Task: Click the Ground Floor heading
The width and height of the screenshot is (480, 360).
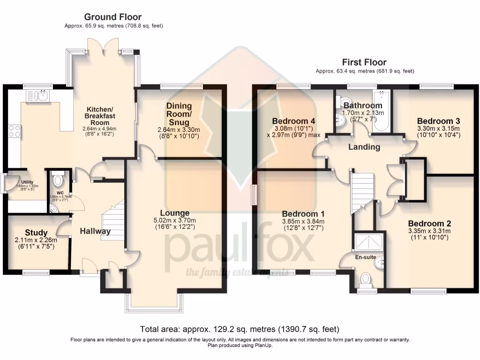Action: tap(112, 17)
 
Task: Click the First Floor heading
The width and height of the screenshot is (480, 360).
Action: tap(364, 62)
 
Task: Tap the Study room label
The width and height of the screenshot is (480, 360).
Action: tap(36, 232)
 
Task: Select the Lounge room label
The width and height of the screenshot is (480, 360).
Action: tap(174, 213)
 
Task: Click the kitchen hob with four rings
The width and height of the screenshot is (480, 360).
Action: tap(14, 130)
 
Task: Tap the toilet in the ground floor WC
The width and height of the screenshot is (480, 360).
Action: tap(59, 180)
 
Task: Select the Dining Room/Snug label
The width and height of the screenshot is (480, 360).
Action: tap(179, 114)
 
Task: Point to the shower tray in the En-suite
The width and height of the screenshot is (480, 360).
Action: tap(368, 242)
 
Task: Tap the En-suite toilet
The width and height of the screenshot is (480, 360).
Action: tap(366, 280)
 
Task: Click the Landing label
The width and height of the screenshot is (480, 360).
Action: tap(364, 147)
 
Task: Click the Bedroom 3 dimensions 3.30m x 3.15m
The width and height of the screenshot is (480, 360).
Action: tap(438, 128)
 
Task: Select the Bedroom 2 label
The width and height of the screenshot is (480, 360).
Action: tap(429, 223)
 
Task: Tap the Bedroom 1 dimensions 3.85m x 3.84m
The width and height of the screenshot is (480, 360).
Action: tap(303, 221)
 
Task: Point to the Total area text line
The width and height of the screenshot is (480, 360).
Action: tap(240, 329)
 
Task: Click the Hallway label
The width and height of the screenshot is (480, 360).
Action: tap(95, 231)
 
